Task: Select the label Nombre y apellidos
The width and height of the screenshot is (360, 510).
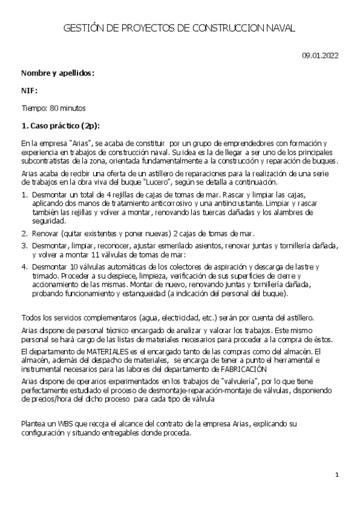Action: tap(58, 73)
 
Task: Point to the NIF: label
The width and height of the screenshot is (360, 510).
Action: tap(29, 91)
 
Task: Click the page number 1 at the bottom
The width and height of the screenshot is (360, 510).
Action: tap(337, 475)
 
